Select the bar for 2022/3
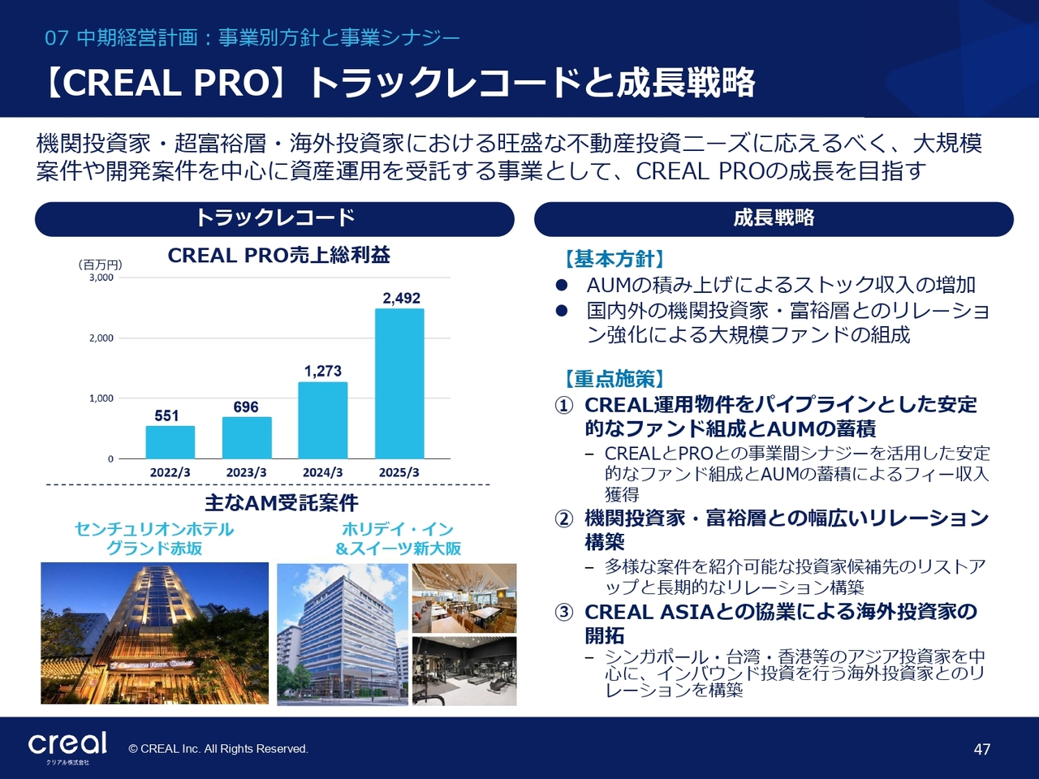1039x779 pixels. [170, 442]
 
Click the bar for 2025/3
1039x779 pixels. [399, 384]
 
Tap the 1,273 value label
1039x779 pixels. [323, 372]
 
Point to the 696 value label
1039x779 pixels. [246, 407]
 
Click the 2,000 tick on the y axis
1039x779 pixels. [101, 338]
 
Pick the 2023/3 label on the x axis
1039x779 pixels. [246, 472]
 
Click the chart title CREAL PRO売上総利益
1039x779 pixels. [278, 256]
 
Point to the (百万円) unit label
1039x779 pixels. [100, 265]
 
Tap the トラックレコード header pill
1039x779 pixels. [274, 219]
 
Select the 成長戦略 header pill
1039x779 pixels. [774, 219]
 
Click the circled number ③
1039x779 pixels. [564, 613]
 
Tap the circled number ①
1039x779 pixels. [564, 406]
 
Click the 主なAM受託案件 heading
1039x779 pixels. [281, 503]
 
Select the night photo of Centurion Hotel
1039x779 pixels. [154, 633]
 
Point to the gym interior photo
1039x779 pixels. [464, 671]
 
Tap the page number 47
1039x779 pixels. [981, 749]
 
